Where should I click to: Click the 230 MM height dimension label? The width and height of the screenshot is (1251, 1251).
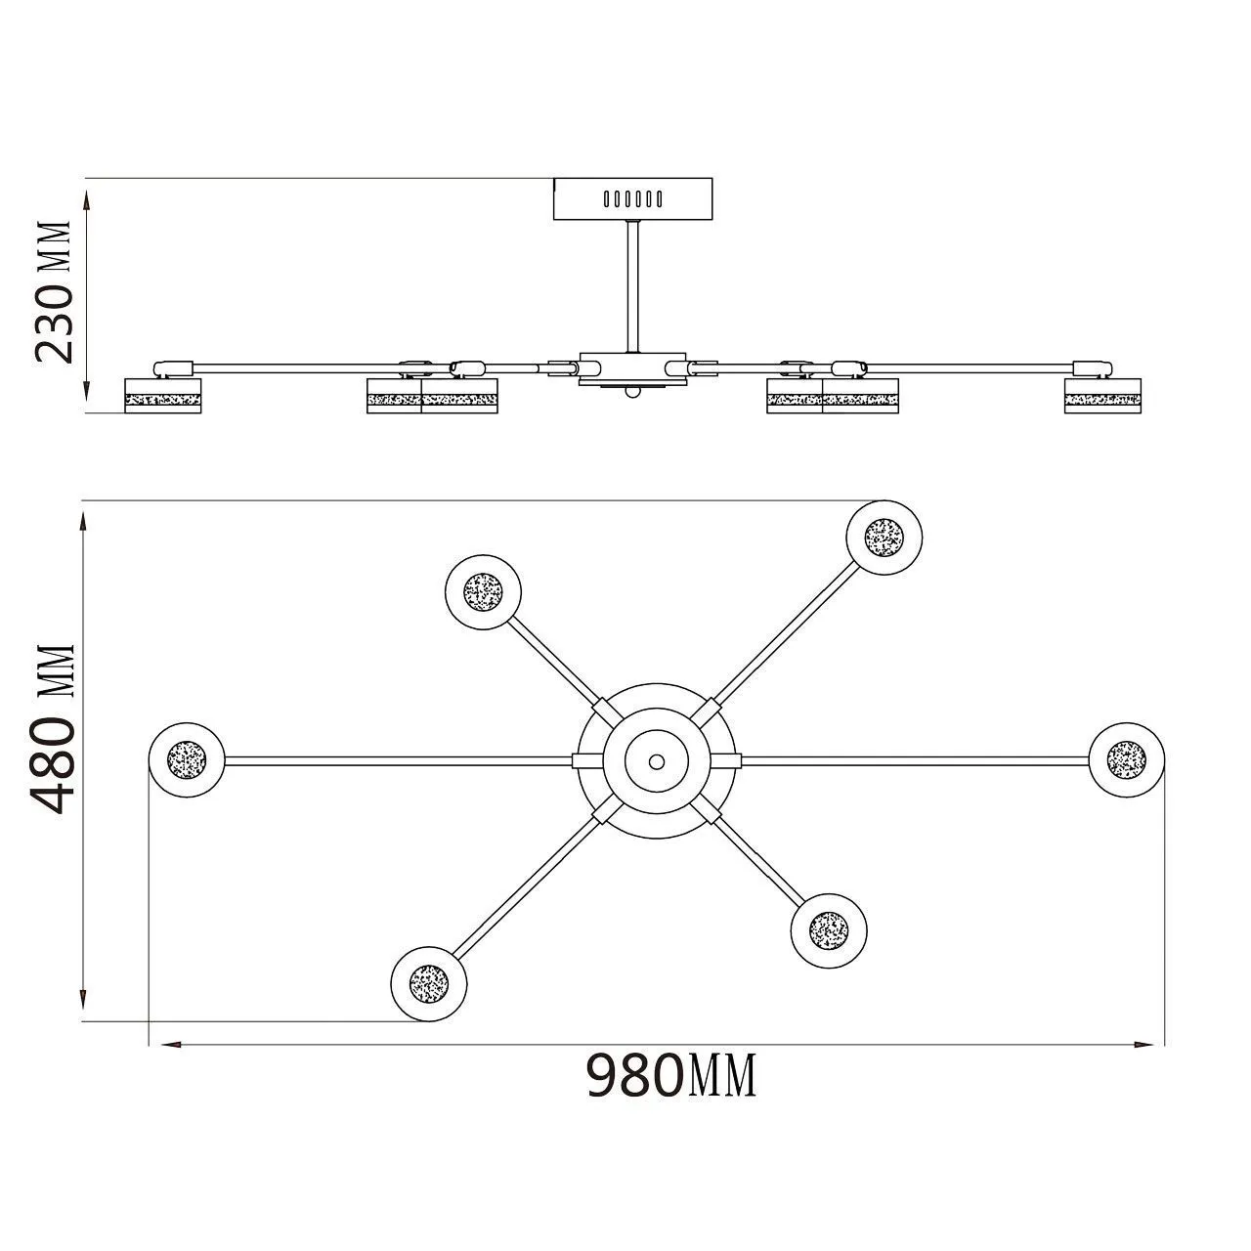(x=54, y=292)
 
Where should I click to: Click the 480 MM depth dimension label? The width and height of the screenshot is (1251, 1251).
(x=54, y=730)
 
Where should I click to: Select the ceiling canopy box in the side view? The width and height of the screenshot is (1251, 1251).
(x=633, y=198)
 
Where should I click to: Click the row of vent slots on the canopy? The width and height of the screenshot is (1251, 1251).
(x=633, y=198)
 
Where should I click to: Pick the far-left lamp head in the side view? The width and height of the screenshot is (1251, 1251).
(x=163, y=396)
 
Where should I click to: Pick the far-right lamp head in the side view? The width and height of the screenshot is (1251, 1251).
(x=1103, y=396)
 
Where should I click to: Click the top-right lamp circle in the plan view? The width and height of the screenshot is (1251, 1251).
(x=884, y=538)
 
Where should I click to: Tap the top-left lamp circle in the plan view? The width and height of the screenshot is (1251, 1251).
(x=483, y=592)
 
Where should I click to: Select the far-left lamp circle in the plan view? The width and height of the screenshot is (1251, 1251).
(x=187, y=759)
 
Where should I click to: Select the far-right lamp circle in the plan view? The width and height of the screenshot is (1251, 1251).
(x=1126, y=759)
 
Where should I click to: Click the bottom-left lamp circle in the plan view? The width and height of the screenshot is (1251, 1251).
(x=428, y=983)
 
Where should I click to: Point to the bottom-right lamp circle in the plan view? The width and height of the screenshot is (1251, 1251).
(x=829, y=931)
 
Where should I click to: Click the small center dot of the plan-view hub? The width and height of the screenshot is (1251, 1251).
(x=657, y=760)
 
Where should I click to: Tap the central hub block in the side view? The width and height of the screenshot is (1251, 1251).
(x=633, y=370)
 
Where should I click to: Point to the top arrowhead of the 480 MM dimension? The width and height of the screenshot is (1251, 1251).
(x=84, y=523)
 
